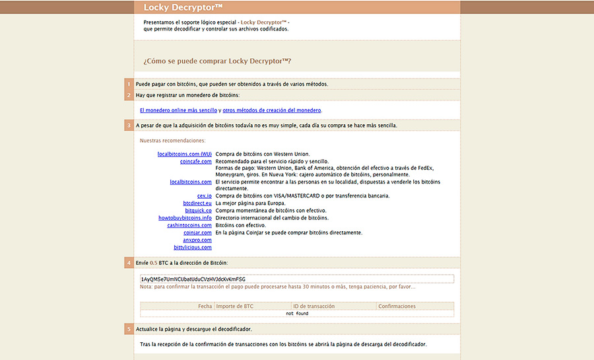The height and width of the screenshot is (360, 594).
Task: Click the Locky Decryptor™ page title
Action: (174, 7)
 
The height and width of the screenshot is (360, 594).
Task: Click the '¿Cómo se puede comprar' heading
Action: (217, 61)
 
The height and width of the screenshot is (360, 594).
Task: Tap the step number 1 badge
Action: (129, 84)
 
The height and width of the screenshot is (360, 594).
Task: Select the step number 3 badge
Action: (129, 125)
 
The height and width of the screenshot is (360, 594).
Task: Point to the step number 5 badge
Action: (129, 329)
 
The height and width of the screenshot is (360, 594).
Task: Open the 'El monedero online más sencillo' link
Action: (178, 110)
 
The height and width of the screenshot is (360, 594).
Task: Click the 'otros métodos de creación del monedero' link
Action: (272, 110)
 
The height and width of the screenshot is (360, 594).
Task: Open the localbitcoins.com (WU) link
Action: (184, 154)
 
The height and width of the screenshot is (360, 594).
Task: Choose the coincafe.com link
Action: (195, 161)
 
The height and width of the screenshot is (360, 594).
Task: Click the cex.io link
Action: (204, 196)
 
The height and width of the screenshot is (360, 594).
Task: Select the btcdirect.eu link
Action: (197, 203)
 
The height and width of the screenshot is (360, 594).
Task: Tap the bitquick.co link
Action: (198, 210)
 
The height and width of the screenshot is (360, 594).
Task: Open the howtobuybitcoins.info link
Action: (185, 217)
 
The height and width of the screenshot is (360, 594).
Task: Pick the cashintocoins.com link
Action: (189, 225)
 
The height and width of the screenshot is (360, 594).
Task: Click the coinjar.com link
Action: (197, 233)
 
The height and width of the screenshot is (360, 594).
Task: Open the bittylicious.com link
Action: (193, 247)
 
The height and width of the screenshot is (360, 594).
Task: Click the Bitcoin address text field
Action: (297, 279)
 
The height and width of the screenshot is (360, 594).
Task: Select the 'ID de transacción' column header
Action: (314, 306)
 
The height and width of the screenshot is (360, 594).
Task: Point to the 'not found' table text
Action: (297, 314)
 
